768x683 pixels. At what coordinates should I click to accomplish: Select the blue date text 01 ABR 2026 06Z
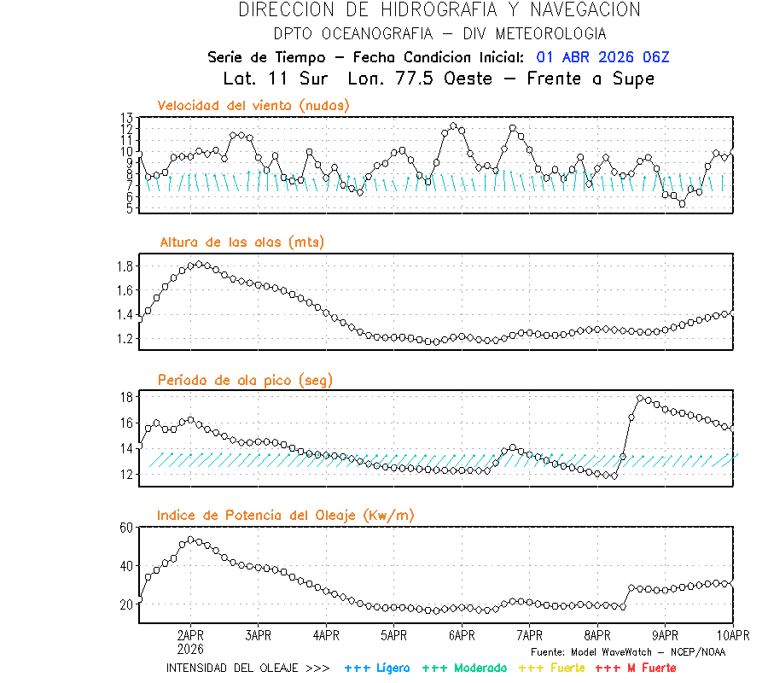[x=602, y=57]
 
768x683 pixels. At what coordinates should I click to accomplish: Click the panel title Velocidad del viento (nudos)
[x=253, y=105]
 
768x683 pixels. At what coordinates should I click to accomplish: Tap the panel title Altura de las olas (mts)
[x=241, y=242]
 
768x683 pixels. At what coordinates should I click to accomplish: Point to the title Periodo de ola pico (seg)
[x=245, y=379]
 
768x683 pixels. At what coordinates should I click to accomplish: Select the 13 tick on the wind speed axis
[x=126, y=118]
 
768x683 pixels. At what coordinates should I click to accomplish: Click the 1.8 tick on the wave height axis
[x=125, y=266]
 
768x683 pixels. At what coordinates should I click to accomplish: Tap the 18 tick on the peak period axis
[x=126, y=397]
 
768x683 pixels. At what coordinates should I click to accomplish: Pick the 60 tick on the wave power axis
[x=126, y=528]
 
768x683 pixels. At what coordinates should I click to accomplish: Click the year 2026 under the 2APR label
[x=190, y=649]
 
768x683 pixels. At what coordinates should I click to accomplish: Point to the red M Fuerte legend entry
[x=636, y=668]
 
